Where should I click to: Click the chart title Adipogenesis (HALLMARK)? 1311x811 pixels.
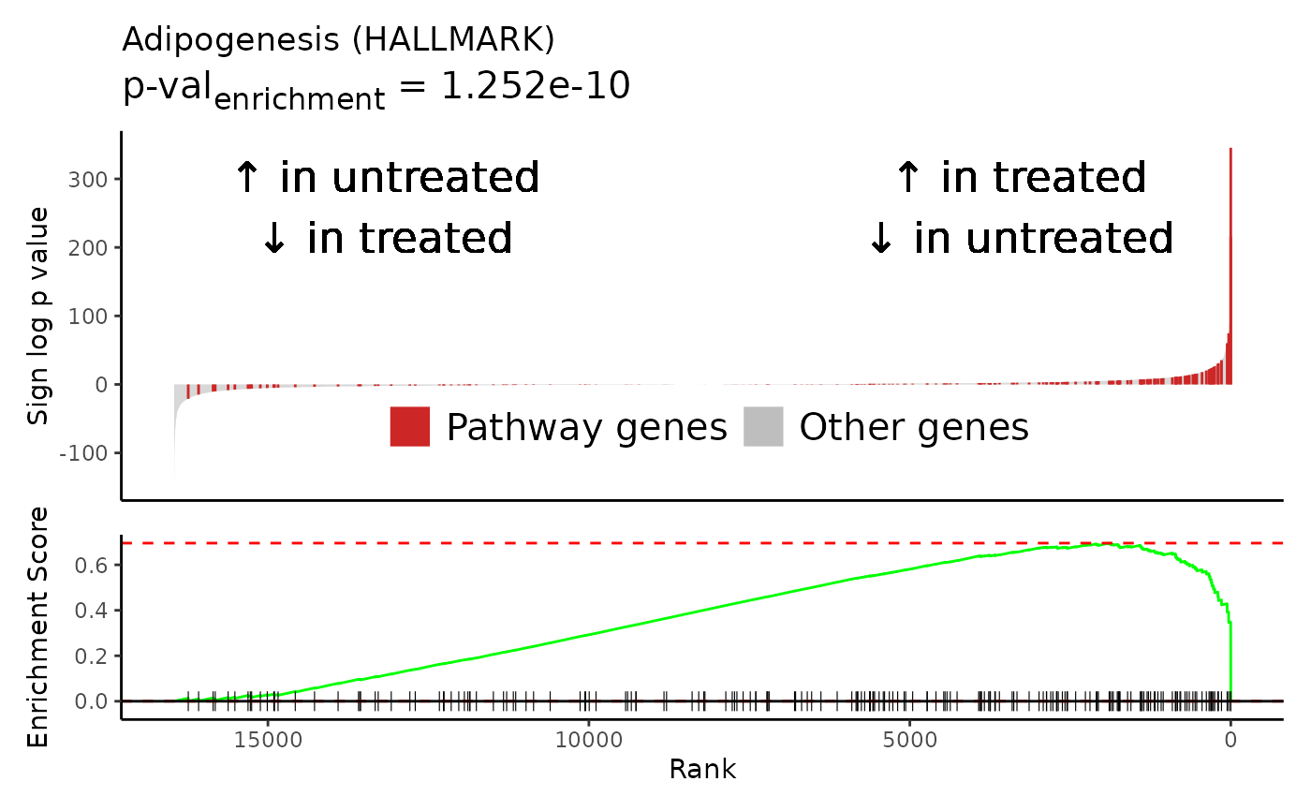pyautogui.click(x=338, y=39)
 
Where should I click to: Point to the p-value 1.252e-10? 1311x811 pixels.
pyautogui.click(x=536, y=85)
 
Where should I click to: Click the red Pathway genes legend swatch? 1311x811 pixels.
pyautogui.click(x=410, y=426)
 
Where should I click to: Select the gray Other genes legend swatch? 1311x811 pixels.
pyautogui.click(x=763, y=426)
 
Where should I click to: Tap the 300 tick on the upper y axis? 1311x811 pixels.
pyautogui.click(x=88, y=180)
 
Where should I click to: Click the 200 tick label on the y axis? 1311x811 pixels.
pyautogui.click(x=88, y=248)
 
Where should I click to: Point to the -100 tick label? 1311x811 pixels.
pyautogui.click(x=83, y=453)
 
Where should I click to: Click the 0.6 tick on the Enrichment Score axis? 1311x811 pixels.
pyautogui.click(x=92, y=566)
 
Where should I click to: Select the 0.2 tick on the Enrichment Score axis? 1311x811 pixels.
pyautogui.click(x=92, y=656)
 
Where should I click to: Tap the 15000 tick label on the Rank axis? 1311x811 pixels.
pyautogui.click(x=268, y=740)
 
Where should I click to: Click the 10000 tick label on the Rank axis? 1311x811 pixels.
pyautogui.click(x=589, y=740)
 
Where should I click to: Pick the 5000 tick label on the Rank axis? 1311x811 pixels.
pyautogui.click(x=909, y=740)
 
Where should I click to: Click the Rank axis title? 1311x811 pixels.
pyautogui.click(x=702, y=769)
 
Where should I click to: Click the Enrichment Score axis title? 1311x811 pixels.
pyautogui.click(x=37, y=627)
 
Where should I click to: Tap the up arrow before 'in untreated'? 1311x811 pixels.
pyautogui.click(x=247, y=177)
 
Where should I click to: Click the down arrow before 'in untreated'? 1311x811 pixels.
pyautogui.click(x=881, y=238)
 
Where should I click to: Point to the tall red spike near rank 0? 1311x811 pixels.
pyautogui.click(x=1230, y=266)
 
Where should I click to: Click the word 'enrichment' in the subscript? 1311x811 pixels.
pyautogui.click(x=300, y=99)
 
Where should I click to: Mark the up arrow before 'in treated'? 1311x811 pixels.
pyautogui.click(x=908, y=177)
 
